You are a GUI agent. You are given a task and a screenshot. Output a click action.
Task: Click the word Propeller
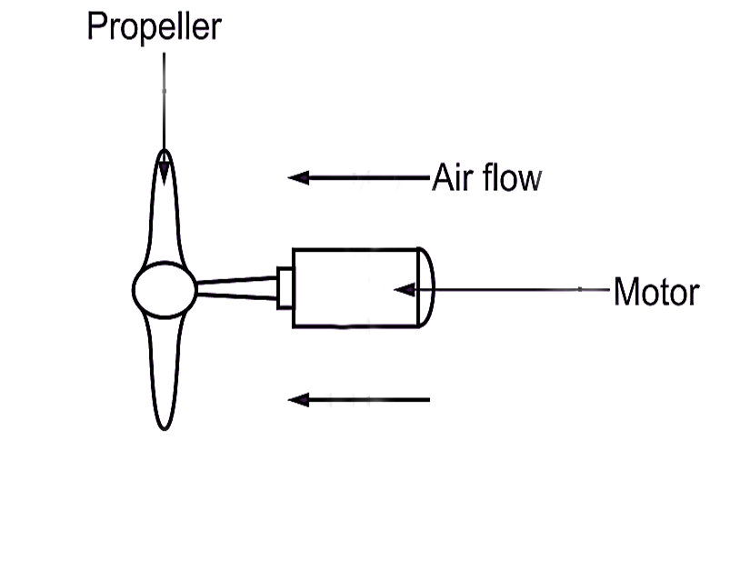[153, 27]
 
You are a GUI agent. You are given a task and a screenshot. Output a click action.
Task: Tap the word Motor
[655, 293]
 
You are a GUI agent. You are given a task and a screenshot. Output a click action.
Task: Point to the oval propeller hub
[164, 290]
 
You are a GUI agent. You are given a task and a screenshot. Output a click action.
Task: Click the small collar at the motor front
[285, 287]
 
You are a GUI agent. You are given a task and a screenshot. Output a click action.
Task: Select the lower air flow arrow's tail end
[426, 399]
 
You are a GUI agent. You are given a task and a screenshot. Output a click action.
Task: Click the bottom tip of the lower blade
[164, 426]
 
